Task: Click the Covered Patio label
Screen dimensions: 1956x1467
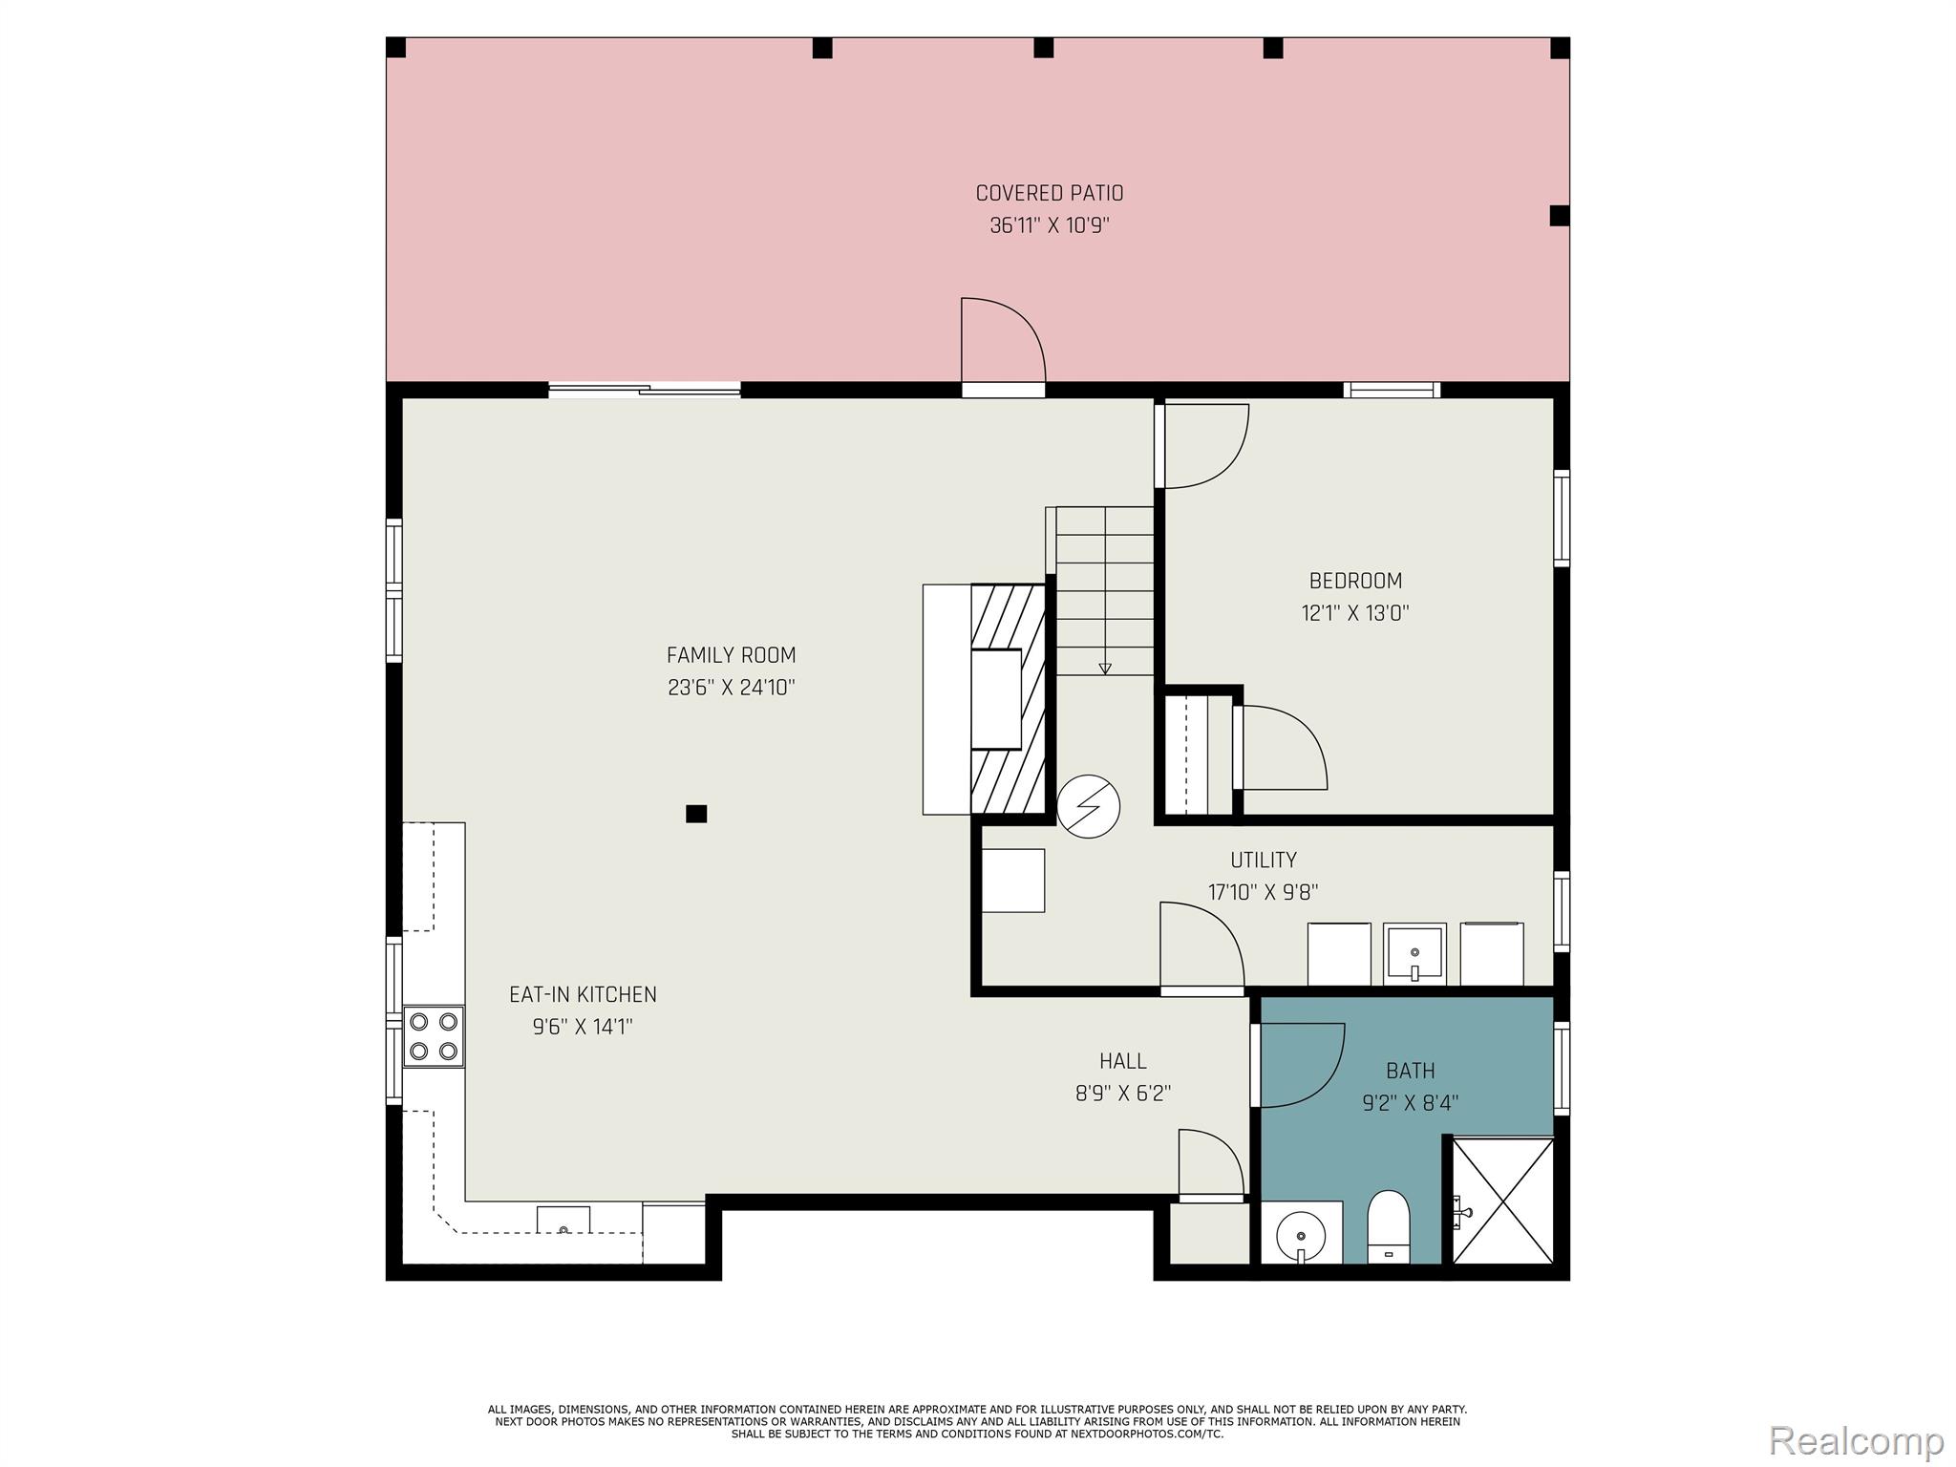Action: click(1049, 193)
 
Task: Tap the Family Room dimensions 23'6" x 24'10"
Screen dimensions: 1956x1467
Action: click(731, 688)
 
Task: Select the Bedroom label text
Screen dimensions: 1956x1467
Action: click(1355, 581)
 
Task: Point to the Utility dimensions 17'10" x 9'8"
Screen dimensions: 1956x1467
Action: click(1263, 892)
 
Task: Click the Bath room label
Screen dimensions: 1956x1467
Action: click(1410, 1071)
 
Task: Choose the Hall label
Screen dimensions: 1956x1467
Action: click(1122, 1061)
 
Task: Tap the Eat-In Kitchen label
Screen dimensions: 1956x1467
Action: click(583, 994)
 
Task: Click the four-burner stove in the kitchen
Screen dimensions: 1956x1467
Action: click(434, 1036)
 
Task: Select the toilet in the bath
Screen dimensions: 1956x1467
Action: click(1388, 1226)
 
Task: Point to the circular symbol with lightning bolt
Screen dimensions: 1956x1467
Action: click(1088, 806)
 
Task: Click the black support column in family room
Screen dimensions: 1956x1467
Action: click(696, 814)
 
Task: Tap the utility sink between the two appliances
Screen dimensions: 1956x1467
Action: click(1414, 953)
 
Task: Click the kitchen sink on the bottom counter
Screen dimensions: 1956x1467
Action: click(563, 1221)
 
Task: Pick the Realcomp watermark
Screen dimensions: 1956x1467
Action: click(1856, 1439)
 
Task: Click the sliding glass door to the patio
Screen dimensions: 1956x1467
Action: click(645, 389)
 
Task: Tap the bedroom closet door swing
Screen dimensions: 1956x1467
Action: click(1280, 748)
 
